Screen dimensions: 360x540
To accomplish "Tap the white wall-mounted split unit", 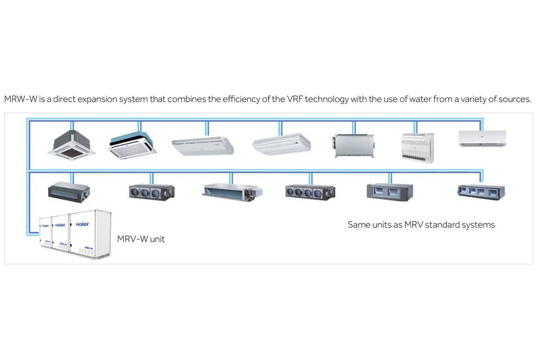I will (482, 138).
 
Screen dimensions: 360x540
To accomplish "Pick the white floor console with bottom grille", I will (418, 146).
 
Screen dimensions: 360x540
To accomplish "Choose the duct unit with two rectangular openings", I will (390, 191).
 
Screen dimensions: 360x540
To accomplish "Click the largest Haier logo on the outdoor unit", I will (82, 224).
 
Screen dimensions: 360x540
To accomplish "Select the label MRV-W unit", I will (141, 239).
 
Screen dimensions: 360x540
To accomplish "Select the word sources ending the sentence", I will (515, 99).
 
